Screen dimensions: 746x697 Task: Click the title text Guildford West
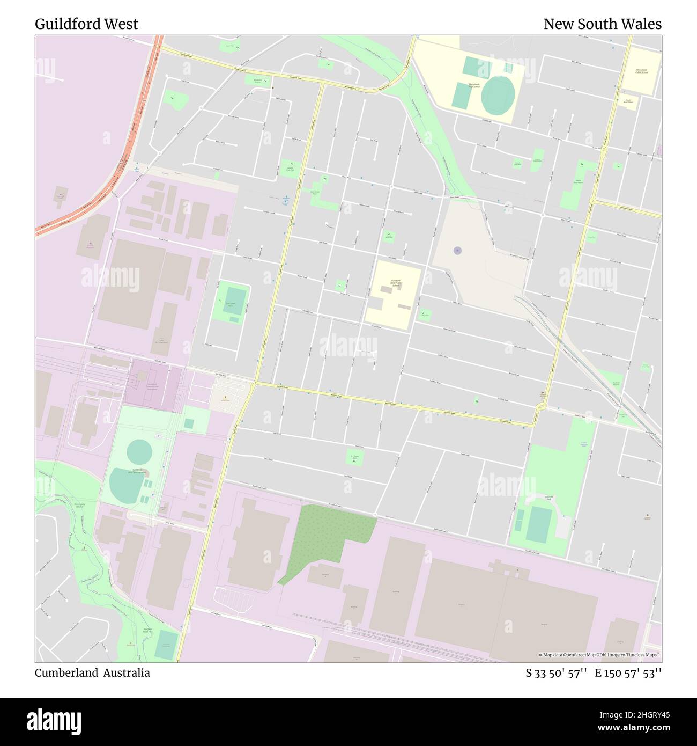click(x=86, y=24)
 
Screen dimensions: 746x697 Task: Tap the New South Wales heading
click(x=602, y=24)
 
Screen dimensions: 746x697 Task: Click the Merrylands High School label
click(x=473, y=85)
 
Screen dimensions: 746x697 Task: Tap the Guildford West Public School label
click(x=396, y=283)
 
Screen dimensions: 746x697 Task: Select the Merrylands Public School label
click(x=641, y=71)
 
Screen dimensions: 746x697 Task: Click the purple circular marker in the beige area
click(x=457, y=250)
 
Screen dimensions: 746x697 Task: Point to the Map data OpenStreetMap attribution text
click(x=599, y=655)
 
